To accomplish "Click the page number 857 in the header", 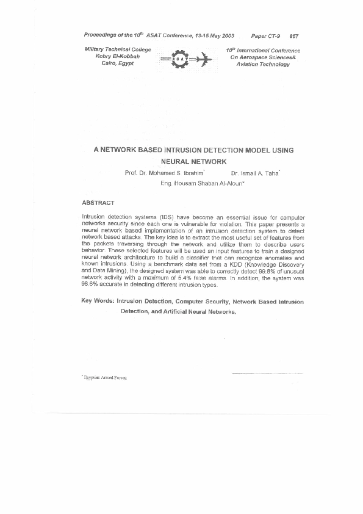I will (x=294, y=37).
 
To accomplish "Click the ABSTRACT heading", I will (x=98, y=202).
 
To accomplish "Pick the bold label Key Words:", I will (x=98, y=302).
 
